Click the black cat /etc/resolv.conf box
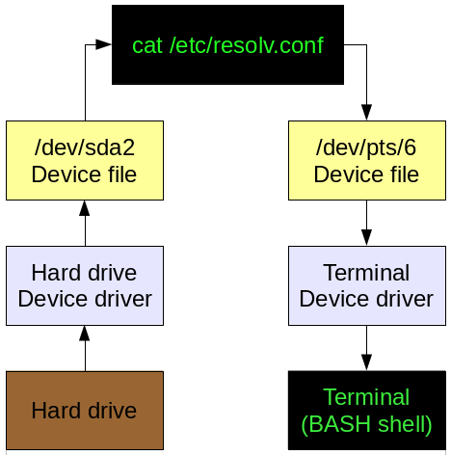pos(227,44)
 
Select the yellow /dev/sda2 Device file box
pos(84,160)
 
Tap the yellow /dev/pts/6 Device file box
pos(366,160)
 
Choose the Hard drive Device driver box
pos(84,285)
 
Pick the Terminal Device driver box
pos(366,285)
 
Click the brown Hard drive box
pos(84,411)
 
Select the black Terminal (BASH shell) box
pos(366,411)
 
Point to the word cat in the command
pos(147,45)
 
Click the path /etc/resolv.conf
pos(245,45)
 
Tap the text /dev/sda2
pos(84,148)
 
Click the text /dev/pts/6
pos(366,148)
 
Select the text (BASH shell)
pos(366,424)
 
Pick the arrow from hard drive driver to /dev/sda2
pos(84,224)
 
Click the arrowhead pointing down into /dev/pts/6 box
pos(366,113)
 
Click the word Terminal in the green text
pos(366,397)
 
